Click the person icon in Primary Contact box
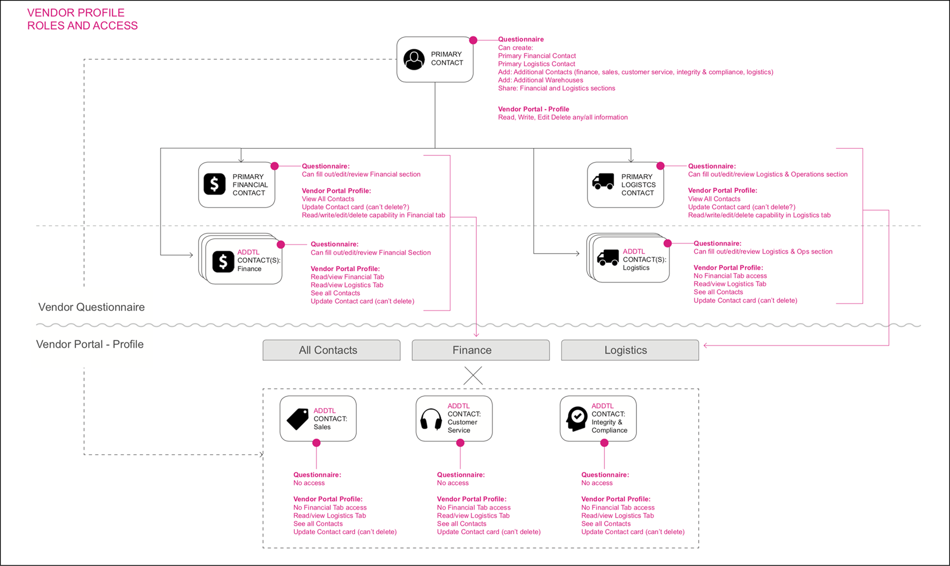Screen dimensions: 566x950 click(x=414, y=59)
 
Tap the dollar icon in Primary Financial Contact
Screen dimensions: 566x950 click(x=214, y=184)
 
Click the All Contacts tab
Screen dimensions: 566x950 click(x=331, y=350)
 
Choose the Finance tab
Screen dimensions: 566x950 click(x=480, y=350)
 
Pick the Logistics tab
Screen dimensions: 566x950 click(x=630, y=350)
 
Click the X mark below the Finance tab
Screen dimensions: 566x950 click(x=473, y=376)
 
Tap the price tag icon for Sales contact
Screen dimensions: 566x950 click(x=298, y=419)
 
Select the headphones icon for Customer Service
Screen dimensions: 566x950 click(x=431, y=419)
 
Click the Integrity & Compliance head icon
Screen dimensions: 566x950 click(x=577, y=419)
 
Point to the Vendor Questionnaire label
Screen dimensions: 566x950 click(x=91, y=307)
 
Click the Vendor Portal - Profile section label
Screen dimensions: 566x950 click(x=90, y=344)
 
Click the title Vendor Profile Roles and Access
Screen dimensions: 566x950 click(x=82, y=19)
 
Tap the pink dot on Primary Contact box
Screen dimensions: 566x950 click(x=473, y=40)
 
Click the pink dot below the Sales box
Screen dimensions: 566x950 click(x=316, y=443)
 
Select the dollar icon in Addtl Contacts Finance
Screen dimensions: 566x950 click(x=223, y=262)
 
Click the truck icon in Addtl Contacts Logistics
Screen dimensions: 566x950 click(x=607, y=258)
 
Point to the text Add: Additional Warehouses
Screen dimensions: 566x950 click(x=540, y=80)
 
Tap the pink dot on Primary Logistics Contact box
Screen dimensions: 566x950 click(x=660, y=166)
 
